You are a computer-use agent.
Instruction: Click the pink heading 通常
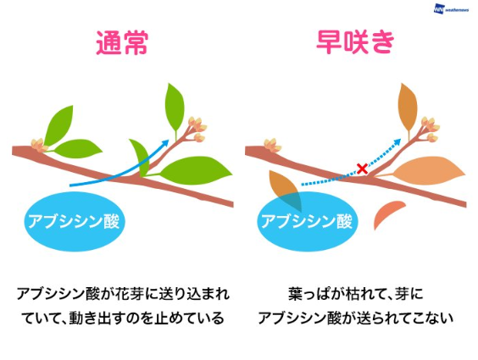pos(122,43)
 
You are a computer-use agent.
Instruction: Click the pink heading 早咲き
pos(355,42)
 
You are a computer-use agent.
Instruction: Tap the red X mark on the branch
pos(363,169)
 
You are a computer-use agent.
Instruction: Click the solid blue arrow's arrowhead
pos(165,142)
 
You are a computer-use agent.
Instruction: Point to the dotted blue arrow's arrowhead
pos(397,142)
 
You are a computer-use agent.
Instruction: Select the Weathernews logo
pos(451,8)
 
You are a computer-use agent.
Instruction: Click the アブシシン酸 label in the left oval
pos(74,221)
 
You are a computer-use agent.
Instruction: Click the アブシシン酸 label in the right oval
pos(307,221)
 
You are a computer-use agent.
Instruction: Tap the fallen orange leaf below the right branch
pos(388,214)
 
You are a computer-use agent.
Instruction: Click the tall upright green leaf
pos(175,110)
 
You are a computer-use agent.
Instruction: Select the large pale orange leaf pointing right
pos(427,171)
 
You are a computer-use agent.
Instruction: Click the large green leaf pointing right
pos(194,171)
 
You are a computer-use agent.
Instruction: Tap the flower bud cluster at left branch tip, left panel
pos(39,145)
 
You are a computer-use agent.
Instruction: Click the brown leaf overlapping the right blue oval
pos(286,191)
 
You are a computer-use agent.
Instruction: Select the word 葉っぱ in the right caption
pos(307,294)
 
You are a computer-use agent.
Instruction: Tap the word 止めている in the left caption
pos(189,318)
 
